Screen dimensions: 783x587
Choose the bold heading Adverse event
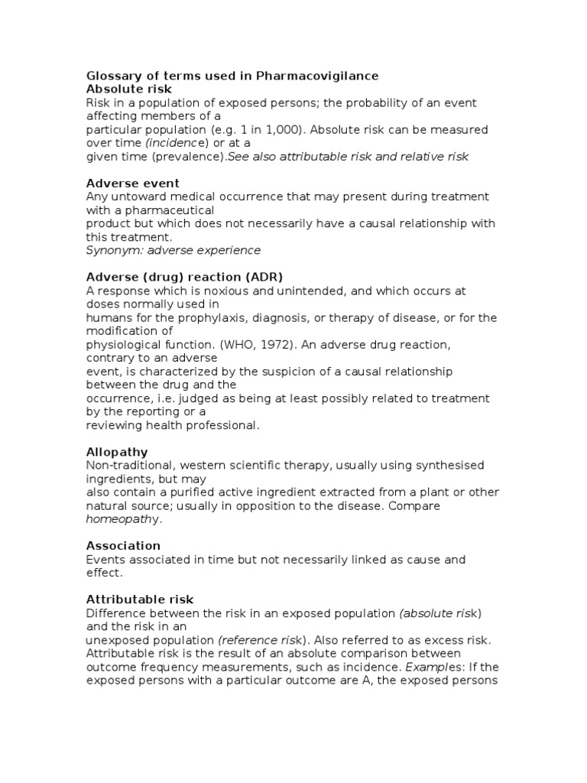coord(133,184)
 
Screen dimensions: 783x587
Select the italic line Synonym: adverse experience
coord(174,250)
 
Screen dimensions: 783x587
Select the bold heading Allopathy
coord(117,452)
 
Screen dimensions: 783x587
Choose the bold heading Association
coord(123,546)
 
